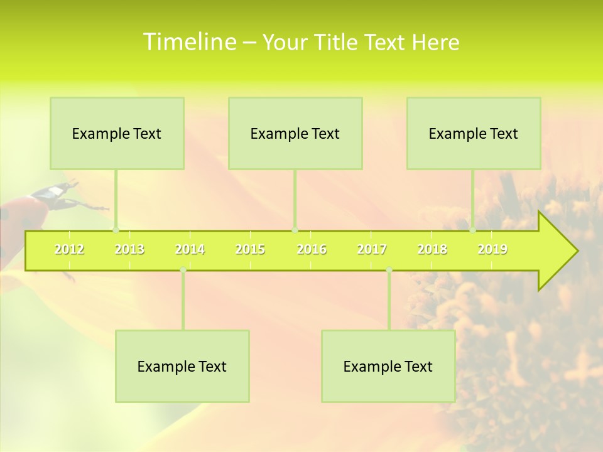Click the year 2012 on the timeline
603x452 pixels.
(x=69, y=250)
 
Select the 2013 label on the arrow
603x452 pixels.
(x=129, y=250)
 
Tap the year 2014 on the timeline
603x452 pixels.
(x=190, y=250)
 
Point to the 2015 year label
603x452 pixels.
(x=250, y=250)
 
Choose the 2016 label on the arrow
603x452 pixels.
(x=312, y=250)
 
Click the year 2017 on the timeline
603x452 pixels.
(x=372, y=250)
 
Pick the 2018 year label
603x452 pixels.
(x=432, y=250)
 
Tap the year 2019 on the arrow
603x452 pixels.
(x=492, y=250)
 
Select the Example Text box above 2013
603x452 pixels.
(x=117, y=133)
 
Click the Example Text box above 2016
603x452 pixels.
(x=295, y=133)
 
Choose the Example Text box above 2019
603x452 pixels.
(x=474, y=133)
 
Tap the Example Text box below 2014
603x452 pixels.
(x=182, y=366)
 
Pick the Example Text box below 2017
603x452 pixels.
(x=388, y=366)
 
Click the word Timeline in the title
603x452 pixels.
(x=188, y=42)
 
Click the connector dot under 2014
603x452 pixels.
(x=183, y=270)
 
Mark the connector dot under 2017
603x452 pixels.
(x=389, y=270)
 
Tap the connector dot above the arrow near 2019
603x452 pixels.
(x=473, y=230)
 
